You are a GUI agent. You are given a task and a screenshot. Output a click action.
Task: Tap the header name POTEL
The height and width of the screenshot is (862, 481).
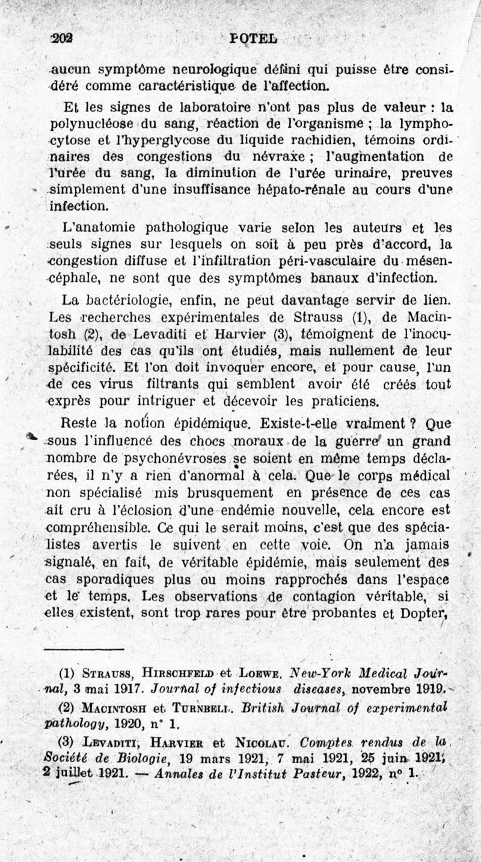pyautogui.click(x=253, y=38)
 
